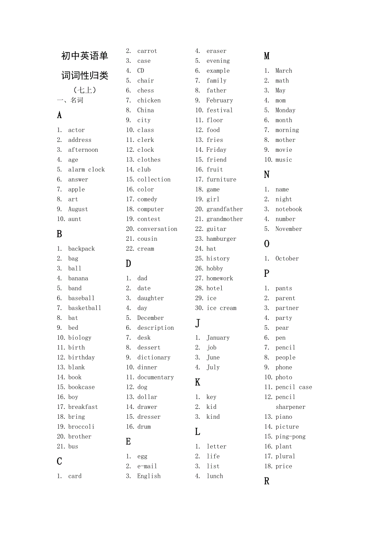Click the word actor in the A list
click(76, 130)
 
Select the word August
click(78, 209)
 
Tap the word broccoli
click(81, 427)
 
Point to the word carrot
click(147, 51)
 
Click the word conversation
click(157, 229)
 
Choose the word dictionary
click(154, 358)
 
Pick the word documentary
click(155, 377)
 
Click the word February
click(220, 100)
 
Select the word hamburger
click(221, 239)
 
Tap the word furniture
click(221, 179)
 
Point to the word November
click(288, 229)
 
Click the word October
click(287, 258)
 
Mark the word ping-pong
click(291, 436)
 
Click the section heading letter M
click(267, 56)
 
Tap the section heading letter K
click(198, 382)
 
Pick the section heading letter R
click(267, 481)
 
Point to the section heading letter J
click(198, 323)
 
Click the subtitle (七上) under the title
click(85, 90)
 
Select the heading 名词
click(77, 100)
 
